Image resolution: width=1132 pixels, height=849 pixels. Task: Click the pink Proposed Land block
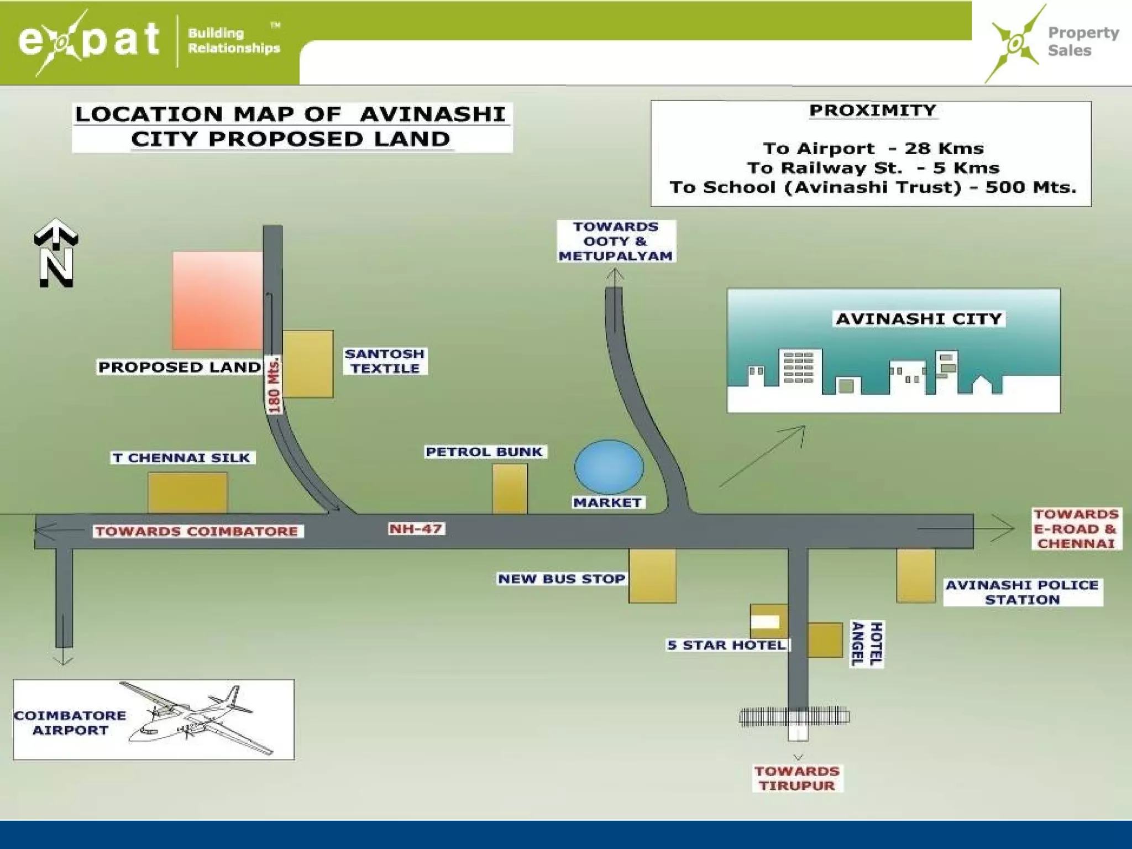coord(217,300)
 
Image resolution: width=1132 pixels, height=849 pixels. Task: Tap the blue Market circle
coord(609,467)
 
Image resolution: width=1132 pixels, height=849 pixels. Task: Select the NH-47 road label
coord(416,529)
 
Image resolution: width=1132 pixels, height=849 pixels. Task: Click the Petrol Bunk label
coord(484,452)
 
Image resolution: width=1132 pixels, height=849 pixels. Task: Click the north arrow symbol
coord(56,253)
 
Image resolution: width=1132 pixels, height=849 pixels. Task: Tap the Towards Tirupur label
coord(797,778)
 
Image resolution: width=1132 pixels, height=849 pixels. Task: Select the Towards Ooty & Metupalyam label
coord(615,242)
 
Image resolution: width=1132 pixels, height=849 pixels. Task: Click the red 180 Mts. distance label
coord(274,385)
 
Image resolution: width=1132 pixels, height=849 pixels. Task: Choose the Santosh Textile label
coord(385,361)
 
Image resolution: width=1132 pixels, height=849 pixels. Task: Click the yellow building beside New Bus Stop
coord(652,575)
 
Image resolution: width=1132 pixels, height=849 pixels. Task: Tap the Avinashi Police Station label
coord(1022,592)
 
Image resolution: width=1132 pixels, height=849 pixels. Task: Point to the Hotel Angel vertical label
coord(867,644)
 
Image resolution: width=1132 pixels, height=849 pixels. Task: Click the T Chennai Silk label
coord(182,458)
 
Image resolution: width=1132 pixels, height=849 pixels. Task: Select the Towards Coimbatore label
coord(197,531)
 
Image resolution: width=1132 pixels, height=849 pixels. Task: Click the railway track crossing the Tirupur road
coord(794,717)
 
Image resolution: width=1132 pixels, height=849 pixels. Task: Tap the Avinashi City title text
coord(918,319)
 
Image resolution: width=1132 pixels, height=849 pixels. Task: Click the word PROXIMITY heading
coord(872,111)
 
